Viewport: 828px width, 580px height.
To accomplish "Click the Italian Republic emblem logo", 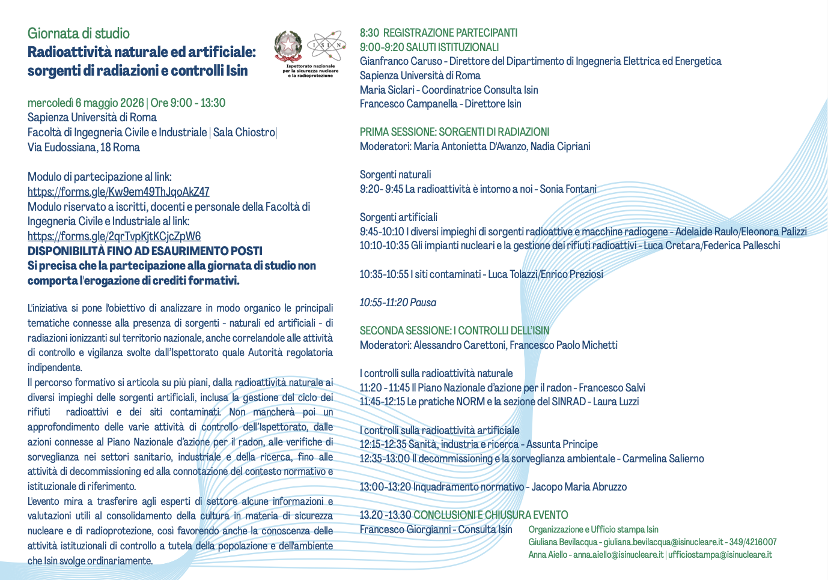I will pyautogui.click(x=288, y=46).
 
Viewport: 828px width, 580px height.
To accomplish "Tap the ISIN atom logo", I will pyautogui.click(x=326, y=45).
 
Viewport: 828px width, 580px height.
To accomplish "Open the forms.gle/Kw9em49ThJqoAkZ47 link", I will pyautogui.click(x=118, y=192).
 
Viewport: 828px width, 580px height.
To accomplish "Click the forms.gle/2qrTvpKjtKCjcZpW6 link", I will pyautogui.click(x=114, y=236).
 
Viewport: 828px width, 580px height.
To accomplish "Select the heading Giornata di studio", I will pyautogui.click(x=79, y=34).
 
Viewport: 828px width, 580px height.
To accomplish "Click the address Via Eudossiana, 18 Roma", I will pyautogui.click(x=84, y=147).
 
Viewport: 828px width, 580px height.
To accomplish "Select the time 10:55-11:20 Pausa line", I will pyautogui.click(x=398, y=303).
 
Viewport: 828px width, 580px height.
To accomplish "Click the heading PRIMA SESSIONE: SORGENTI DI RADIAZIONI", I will pyautogui.click(x=454, y=132).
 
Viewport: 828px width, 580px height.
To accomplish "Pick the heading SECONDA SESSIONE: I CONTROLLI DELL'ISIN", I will pyautogui.click(x=454, y=331).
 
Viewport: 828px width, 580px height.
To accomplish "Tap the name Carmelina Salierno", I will pyautogui.click(x=663, y=459).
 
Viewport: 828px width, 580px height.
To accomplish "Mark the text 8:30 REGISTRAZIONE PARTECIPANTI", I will pyautogui.click(x=439, y=33).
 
